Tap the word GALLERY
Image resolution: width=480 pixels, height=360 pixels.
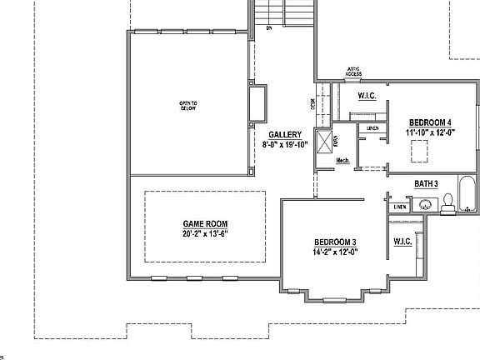tap(285, 134)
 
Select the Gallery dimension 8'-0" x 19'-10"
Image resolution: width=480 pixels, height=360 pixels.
tap(285, 144)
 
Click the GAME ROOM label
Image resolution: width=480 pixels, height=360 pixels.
tap(205, 223)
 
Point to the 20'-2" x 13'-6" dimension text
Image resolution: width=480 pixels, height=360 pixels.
tap(205, 233)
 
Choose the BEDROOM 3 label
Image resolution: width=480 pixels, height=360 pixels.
tap(335, 242)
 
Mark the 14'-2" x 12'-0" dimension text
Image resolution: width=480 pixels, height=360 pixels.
tap(335, 252)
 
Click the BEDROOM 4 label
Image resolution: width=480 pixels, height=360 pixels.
tap(430, 122)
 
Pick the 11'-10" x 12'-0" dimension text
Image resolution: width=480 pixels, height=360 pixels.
tap(430, 132)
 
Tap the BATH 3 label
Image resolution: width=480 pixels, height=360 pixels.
tap(427, 183)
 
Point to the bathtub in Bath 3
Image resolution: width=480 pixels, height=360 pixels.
tap(467, 194)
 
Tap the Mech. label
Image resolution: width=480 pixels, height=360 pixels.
tap(342, 161)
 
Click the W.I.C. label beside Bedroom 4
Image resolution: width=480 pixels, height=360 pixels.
tap(367, 97)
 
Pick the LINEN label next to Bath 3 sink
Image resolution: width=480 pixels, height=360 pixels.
tap(401, 206)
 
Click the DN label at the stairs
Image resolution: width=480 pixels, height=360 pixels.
tap(269, 27)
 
